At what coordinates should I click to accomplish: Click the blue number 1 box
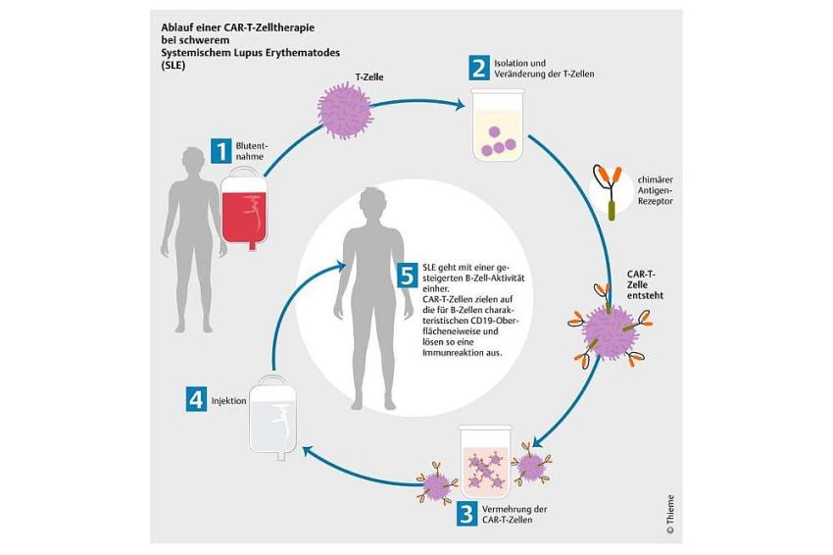point(221,151)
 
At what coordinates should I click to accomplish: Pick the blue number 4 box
point(196,400)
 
